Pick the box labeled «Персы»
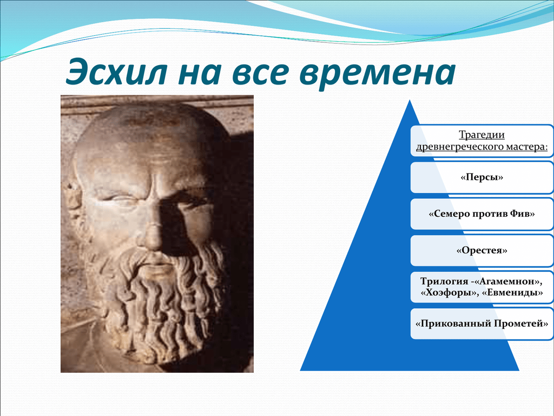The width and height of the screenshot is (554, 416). [482, 177]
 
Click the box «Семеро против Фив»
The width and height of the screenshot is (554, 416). [482, 214]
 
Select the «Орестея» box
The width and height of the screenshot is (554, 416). [482, 251]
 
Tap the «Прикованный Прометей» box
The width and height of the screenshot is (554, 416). [482, 323]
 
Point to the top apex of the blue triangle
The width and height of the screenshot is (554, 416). [409, 101]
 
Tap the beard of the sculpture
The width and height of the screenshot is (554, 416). [162, 303]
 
